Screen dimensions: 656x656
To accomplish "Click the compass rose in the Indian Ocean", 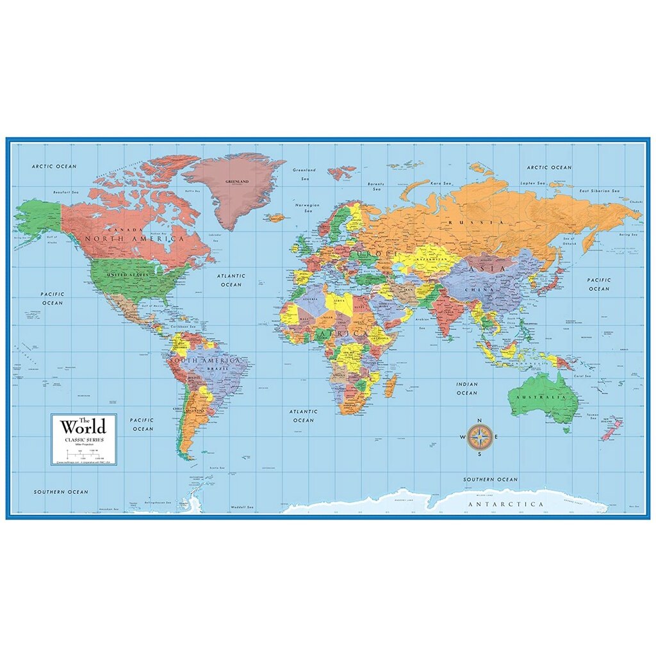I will [479, 438].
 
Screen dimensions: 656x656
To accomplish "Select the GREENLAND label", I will [236, 181].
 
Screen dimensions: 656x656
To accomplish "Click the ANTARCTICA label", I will [506, 504].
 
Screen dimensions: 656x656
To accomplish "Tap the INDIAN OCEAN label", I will [466, 388].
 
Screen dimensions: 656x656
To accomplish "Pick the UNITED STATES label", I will [127, 275].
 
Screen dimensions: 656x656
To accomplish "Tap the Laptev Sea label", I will [532, 184].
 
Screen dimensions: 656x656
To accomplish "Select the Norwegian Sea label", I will [307, 208].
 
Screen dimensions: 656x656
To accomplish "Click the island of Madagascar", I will [391, 385].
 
